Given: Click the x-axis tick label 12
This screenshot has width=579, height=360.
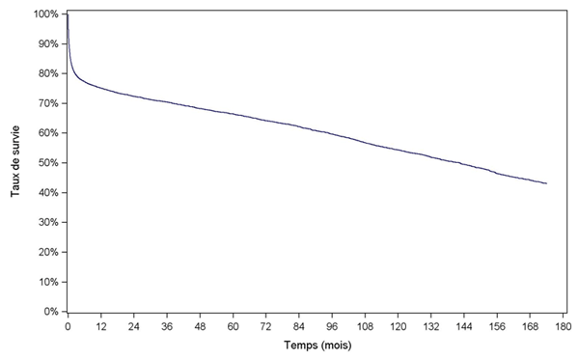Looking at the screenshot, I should (100, 327).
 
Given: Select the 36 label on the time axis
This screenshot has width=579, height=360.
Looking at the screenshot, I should (167, 327).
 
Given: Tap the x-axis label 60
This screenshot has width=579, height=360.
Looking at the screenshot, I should (233, 327).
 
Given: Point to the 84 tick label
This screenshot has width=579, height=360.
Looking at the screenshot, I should (299, 327).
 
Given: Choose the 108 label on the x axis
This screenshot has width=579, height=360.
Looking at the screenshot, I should (365, 327).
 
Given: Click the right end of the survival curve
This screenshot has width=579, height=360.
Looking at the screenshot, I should (547, 183).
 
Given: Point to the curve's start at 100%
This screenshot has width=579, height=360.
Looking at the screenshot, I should (68, 15).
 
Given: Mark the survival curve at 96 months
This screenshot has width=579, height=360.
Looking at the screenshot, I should (332, 133).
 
